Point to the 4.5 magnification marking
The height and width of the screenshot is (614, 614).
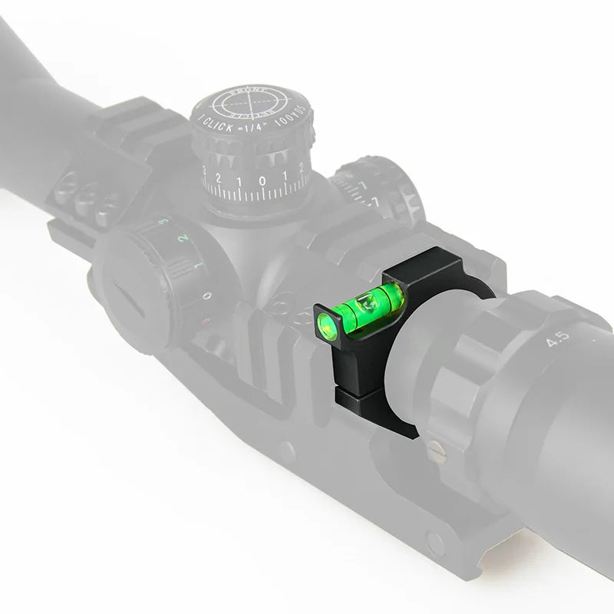(561, 338)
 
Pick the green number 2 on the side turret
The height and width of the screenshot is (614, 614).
(182, 239)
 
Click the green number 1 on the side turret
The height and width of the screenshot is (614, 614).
(199, 266)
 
